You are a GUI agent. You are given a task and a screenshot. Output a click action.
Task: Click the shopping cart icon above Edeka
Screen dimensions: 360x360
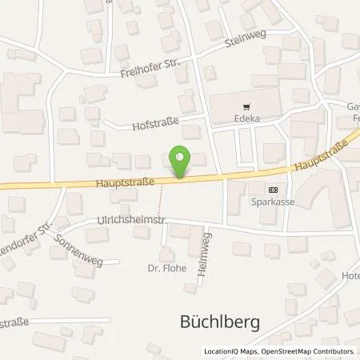pyautogui.click(x=245, y=105)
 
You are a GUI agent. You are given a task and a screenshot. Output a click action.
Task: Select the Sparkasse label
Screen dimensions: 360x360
pyautogui.click(x=274, y=201)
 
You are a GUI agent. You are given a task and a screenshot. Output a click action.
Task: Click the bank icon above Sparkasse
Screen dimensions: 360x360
pyautogui.click(x=274, y=190)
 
